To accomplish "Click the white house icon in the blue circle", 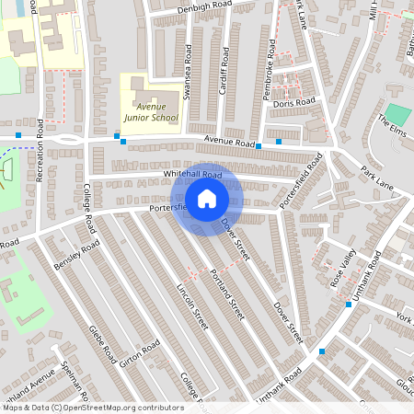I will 206,199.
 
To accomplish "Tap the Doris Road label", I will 294,102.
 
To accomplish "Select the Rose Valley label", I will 343,273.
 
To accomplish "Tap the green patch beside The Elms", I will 397,114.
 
